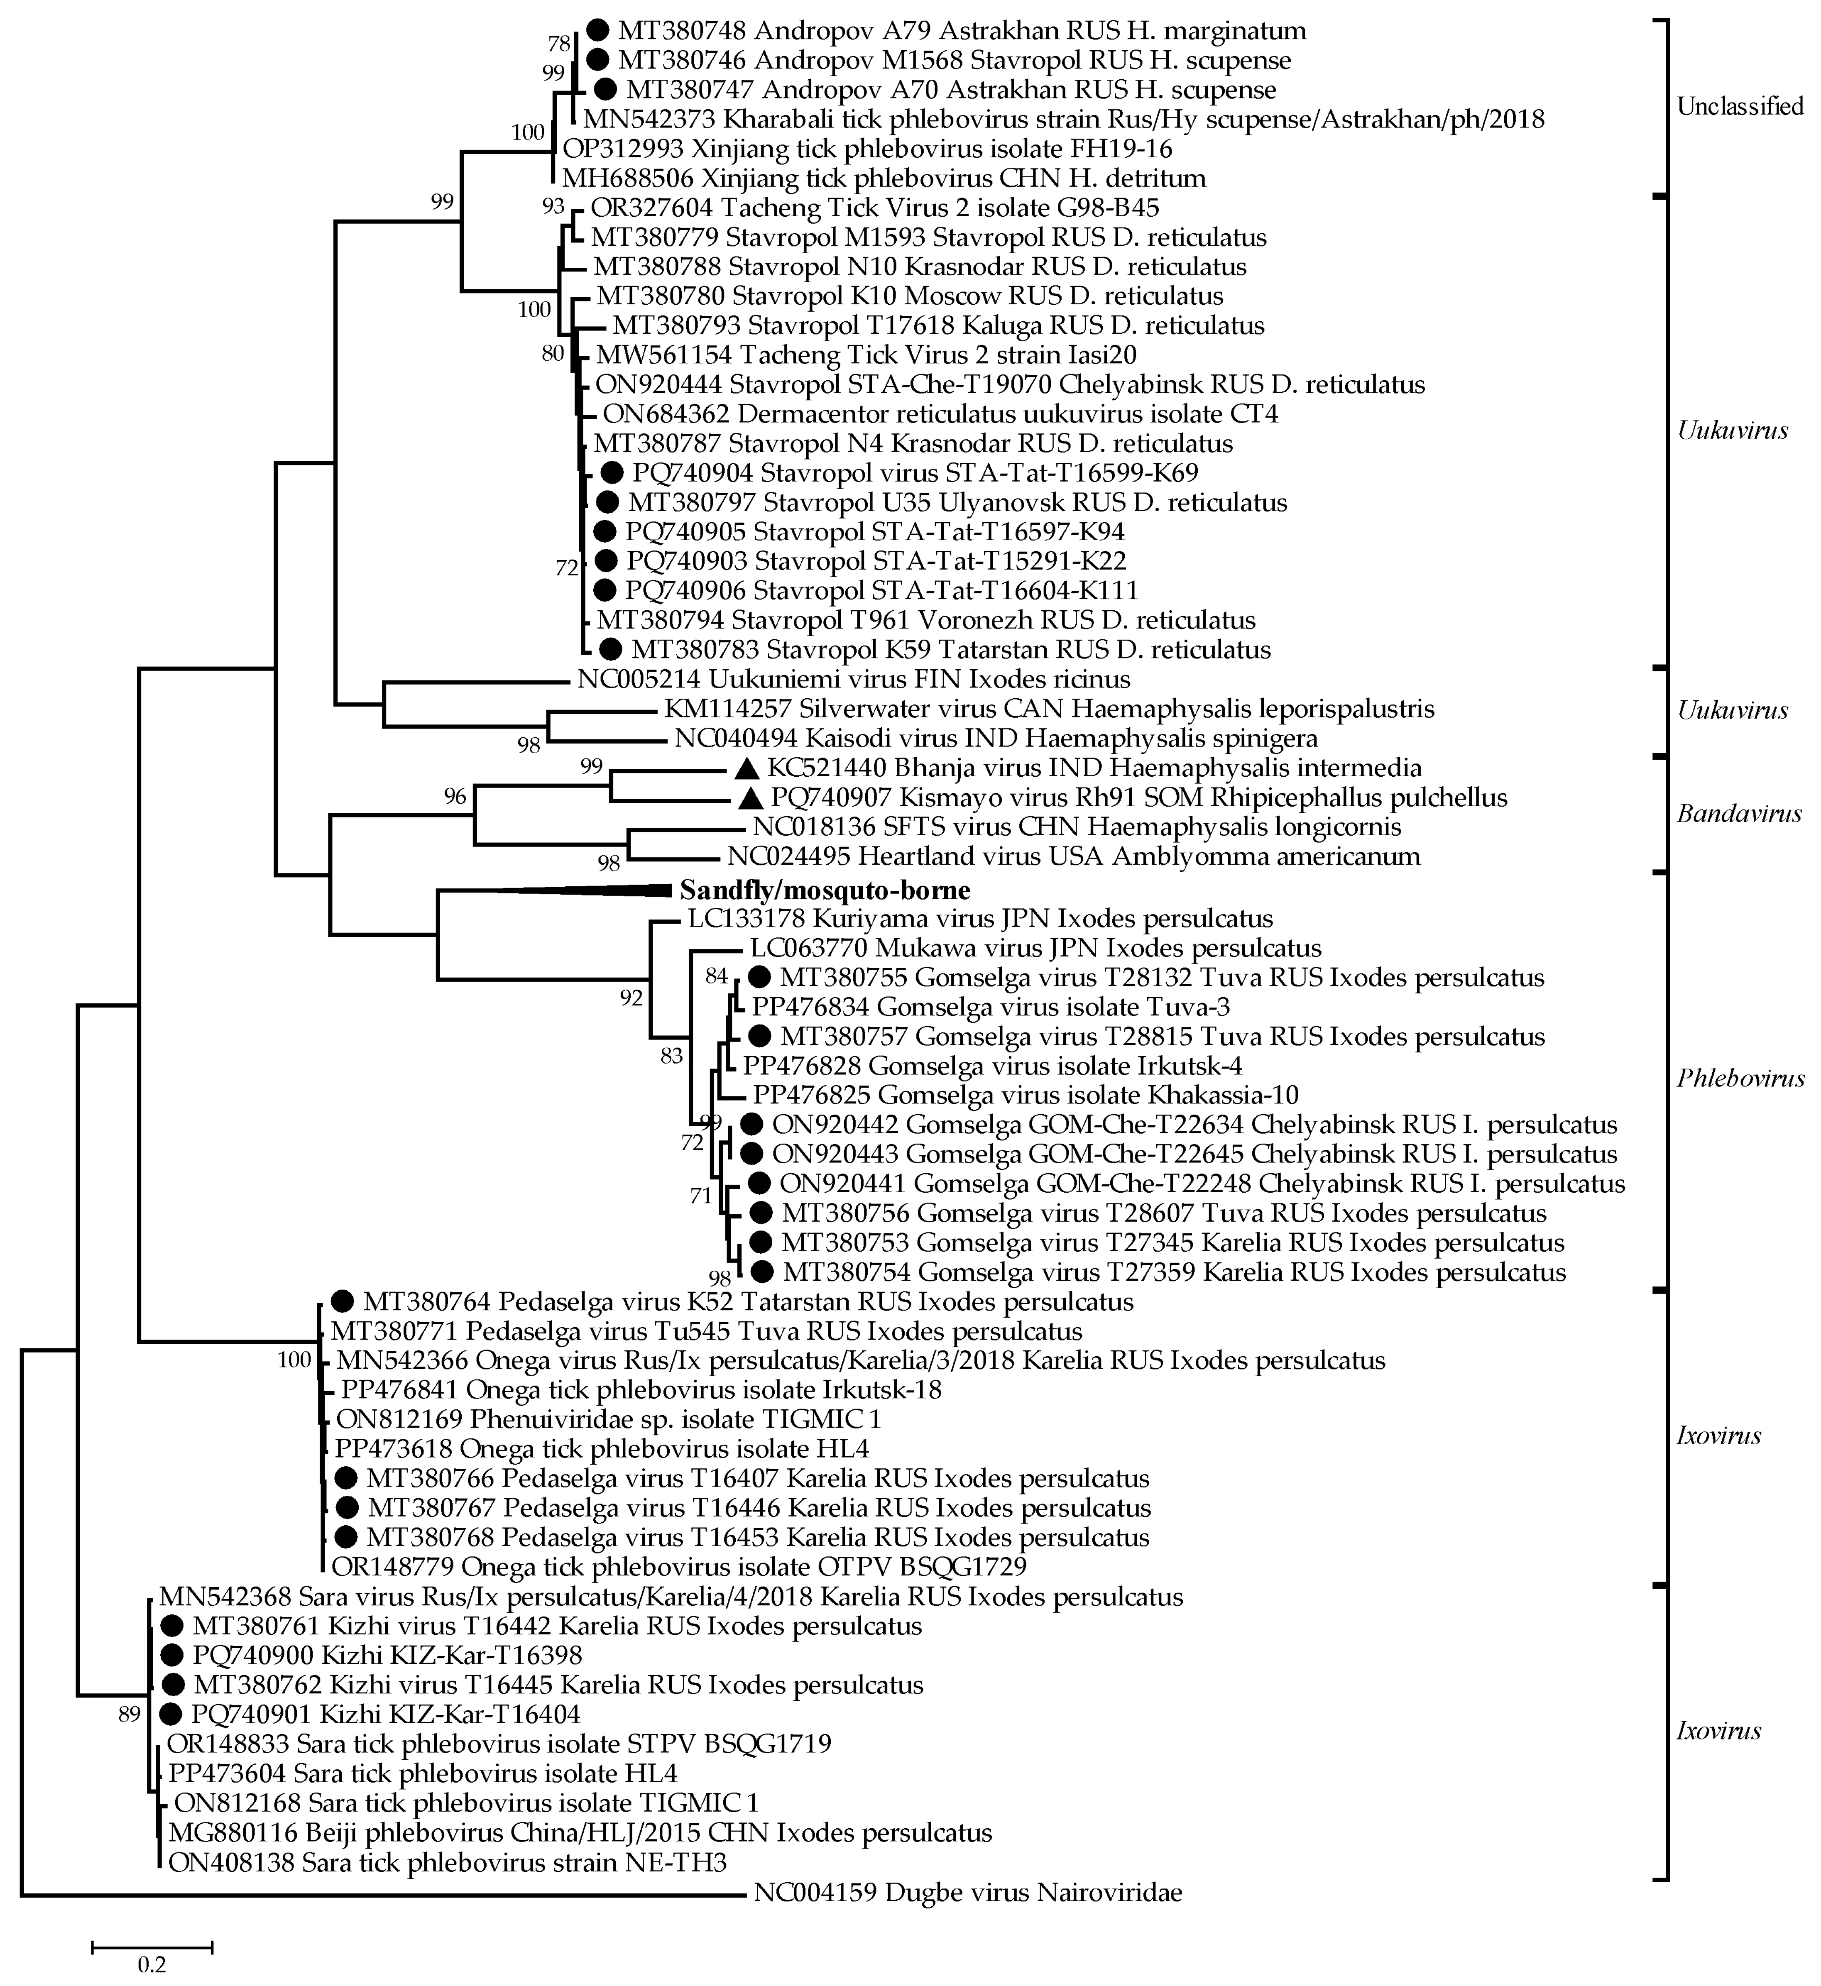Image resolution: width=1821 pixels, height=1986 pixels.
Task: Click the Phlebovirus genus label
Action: pyautogui.click(x=1740, y=1079)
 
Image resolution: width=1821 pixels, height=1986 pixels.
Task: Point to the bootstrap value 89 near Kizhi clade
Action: pyautogui.click(x=129, y=1715)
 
